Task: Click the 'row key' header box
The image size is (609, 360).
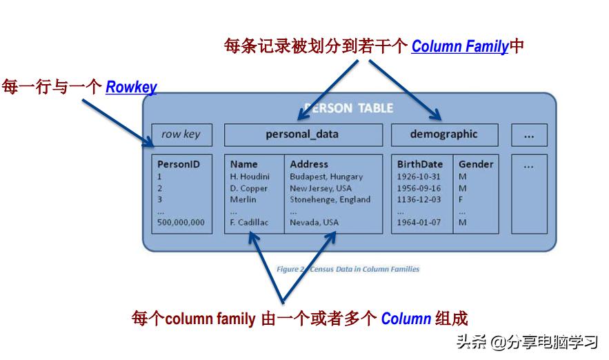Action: [x=181, y=134]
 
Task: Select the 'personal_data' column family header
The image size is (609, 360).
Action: [x=302, y=134]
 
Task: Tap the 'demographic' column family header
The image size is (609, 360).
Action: [x=443, y=134]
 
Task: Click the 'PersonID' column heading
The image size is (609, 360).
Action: [x=179, y=165]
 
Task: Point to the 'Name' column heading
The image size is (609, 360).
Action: [x=243, y=164]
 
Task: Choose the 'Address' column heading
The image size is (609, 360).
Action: [x=309, y=164]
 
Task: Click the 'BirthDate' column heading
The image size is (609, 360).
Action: [x=420, y=164]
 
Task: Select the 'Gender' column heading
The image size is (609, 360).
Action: [x=476, y=164]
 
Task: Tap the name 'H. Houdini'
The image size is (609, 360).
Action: [x=250, y=177]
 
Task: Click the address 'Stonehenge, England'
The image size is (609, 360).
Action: [x=330, y=199]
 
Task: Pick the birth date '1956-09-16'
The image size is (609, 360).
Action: [x=419, y=188]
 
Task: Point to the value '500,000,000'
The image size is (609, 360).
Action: [x=181, y=222]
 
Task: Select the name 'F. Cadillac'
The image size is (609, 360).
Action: [x=249, y=222]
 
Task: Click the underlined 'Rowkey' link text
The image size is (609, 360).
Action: [x=131, y=88]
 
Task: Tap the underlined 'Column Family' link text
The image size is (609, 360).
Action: [x=460, y=47]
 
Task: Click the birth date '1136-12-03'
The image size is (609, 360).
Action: [x=419, y=199]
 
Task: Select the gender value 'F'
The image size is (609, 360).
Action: [x=461, y=199]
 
